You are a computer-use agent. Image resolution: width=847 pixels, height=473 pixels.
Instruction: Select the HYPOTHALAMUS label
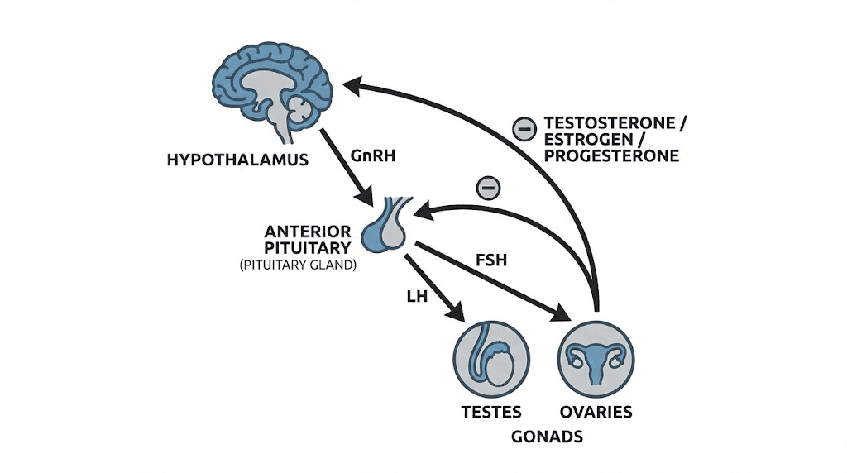(x=237, y=159)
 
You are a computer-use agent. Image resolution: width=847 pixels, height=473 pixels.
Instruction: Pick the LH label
(x=417, y=296)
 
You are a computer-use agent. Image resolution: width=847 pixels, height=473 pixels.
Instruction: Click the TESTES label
(x=490, y=411)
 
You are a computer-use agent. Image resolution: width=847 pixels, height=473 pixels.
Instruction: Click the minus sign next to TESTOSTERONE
(x=524, y=128)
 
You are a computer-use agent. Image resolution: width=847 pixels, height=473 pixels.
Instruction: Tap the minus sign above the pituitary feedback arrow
(x=489, y=188)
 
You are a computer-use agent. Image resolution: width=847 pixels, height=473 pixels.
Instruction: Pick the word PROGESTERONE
(x=611, y=155)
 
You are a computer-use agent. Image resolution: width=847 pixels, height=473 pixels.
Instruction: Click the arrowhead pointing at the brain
(x=353, y=83)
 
